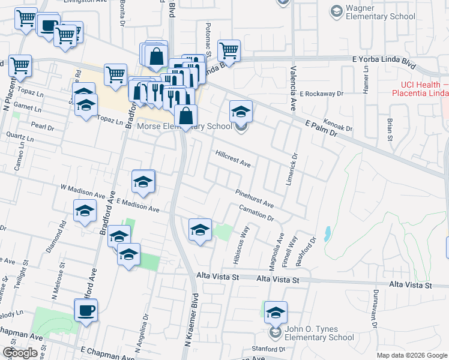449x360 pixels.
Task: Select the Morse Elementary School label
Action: click(184, 126)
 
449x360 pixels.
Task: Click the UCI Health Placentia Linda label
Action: click(420, 89)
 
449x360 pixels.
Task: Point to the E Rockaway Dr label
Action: click(322, 94)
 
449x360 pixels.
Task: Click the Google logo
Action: click(20, 353)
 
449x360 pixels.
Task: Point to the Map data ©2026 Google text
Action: click(412, 355)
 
